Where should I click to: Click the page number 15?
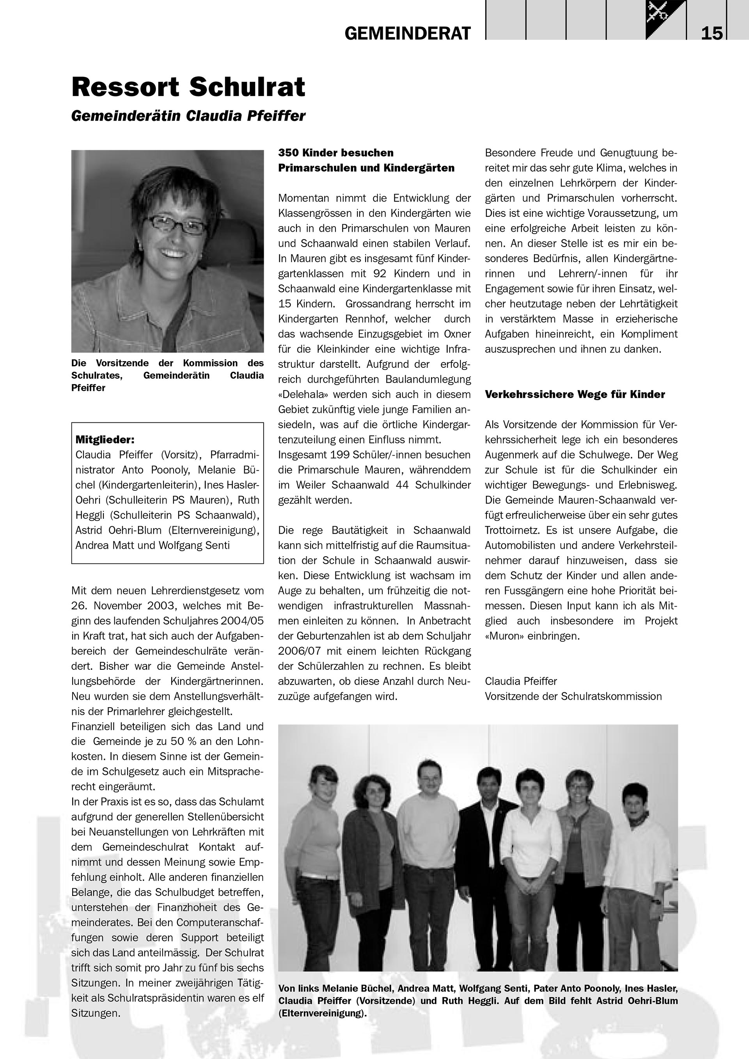pos(712,33)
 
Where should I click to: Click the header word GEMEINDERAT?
pos(408,33)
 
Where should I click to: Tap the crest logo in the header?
pos(666,20)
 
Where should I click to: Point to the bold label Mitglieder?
pos(105,440)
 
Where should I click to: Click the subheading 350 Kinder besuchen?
pos(336,153)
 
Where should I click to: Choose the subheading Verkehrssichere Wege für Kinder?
pos(575,394)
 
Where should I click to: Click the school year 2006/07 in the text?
pos(299,651)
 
